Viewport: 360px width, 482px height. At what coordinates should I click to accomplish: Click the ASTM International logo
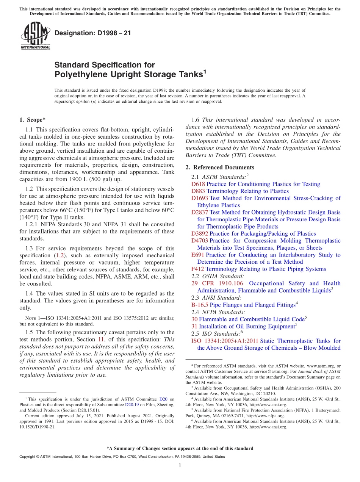click(35, 36)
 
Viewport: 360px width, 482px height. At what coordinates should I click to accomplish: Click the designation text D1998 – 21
click(93, 33)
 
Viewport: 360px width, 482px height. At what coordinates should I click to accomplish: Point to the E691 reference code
click(198, 255)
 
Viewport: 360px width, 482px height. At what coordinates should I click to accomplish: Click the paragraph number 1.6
click(196, 120)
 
